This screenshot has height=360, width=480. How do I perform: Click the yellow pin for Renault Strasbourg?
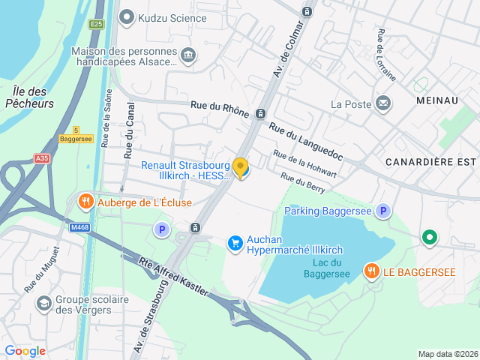click(241, 168)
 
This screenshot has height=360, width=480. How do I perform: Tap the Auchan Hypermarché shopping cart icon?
click(235, 242)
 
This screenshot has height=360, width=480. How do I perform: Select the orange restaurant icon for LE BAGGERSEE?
click(371, 271)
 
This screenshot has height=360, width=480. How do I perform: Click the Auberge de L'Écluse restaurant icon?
click(86, 202)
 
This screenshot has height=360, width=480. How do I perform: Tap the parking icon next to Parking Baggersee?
click(383, 211)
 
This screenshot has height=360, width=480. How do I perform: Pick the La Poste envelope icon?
click(383, 103)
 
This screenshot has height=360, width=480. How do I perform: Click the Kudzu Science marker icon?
click(127, 16)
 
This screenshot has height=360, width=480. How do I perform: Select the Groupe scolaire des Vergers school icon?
click(44, 302)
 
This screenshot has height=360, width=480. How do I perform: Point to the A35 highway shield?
click(41, 158)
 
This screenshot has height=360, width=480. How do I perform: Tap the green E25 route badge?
click(95, 24)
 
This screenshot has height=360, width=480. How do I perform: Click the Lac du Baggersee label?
click(326, 268)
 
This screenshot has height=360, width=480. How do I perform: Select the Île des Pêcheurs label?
click(29, 97)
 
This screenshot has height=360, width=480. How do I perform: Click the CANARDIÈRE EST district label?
click(431, 161)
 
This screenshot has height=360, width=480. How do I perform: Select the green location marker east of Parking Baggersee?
click(429, 238)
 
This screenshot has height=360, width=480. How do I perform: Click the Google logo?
click(25, 351)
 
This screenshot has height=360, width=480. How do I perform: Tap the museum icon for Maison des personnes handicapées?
click(188, 54)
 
